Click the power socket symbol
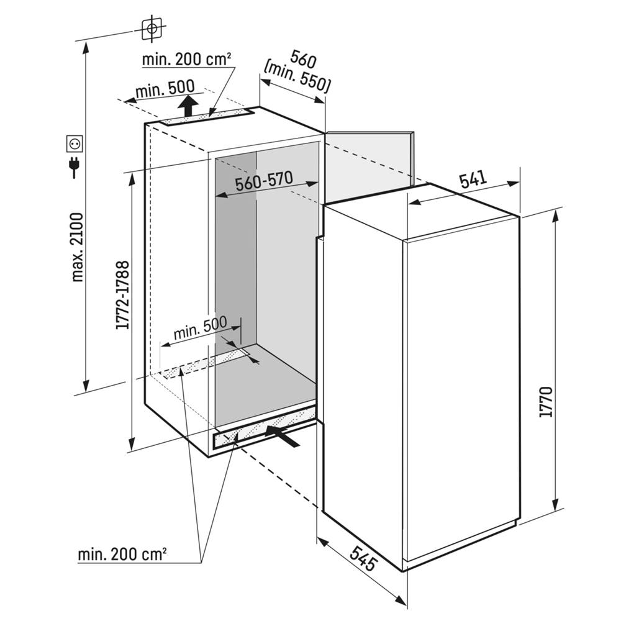pos(75,143)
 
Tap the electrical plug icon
pos(75,166)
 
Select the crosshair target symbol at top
pos(151,28)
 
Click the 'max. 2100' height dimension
pos(77,247)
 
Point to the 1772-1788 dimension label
pos(122,295)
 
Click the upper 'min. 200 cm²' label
pos(187,60)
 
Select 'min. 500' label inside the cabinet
pos(199,329)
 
